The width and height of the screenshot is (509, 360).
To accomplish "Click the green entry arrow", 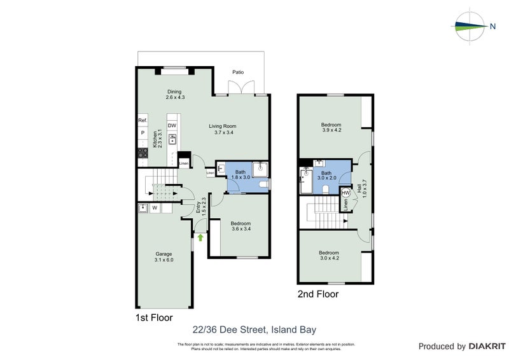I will [x=200, y=238].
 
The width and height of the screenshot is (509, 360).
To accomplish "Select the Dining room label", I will [x=174, y=94].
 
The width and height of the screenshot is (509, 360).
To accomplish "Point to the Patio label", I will [x=238, y=72].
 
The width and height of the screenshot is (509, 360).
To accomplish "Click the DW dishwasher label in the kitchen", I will [x=172, y=125].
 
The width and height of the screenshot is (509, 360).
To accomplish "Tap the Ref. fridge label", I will [x=143, y=120].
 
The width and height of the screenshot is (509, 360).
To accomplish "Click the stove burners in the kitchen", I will [x=143, y=153].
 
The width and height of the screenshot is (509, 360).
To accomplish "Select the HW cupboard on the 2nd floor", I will [x=345, y=193].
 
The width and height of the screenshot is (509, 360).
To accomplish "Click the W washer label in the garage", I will [x=154, y=207].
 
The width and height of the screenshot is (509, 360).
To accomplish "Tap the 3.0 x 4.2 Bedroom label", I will [x=331, y=256].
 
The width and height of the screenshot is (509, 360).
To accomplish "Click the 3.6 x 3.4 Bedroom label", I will [x=241, y=227].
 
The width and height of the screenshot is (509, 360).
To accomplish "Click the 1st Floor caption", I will [x=153, y=317].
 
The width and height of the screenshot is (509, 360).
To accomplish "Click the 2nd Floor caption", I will [x=318, y=294].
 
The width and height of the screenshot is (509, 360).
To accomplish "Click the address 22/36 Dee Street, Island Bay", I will [x=254, y=329].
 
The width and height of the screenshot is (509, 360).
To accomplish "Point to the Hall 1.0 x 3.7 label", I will [x=361, y=189].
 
